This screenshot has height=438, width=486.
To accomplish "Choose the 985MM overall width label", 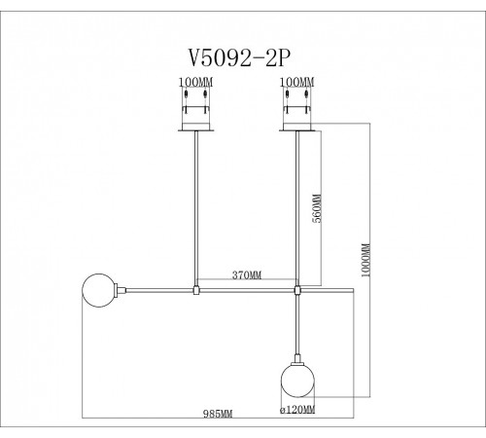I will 223,414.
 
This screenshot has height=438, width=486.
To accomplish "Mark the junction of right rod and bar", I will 297,288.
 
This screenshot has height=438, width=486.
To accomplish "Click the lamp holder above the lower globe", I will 296,355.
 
